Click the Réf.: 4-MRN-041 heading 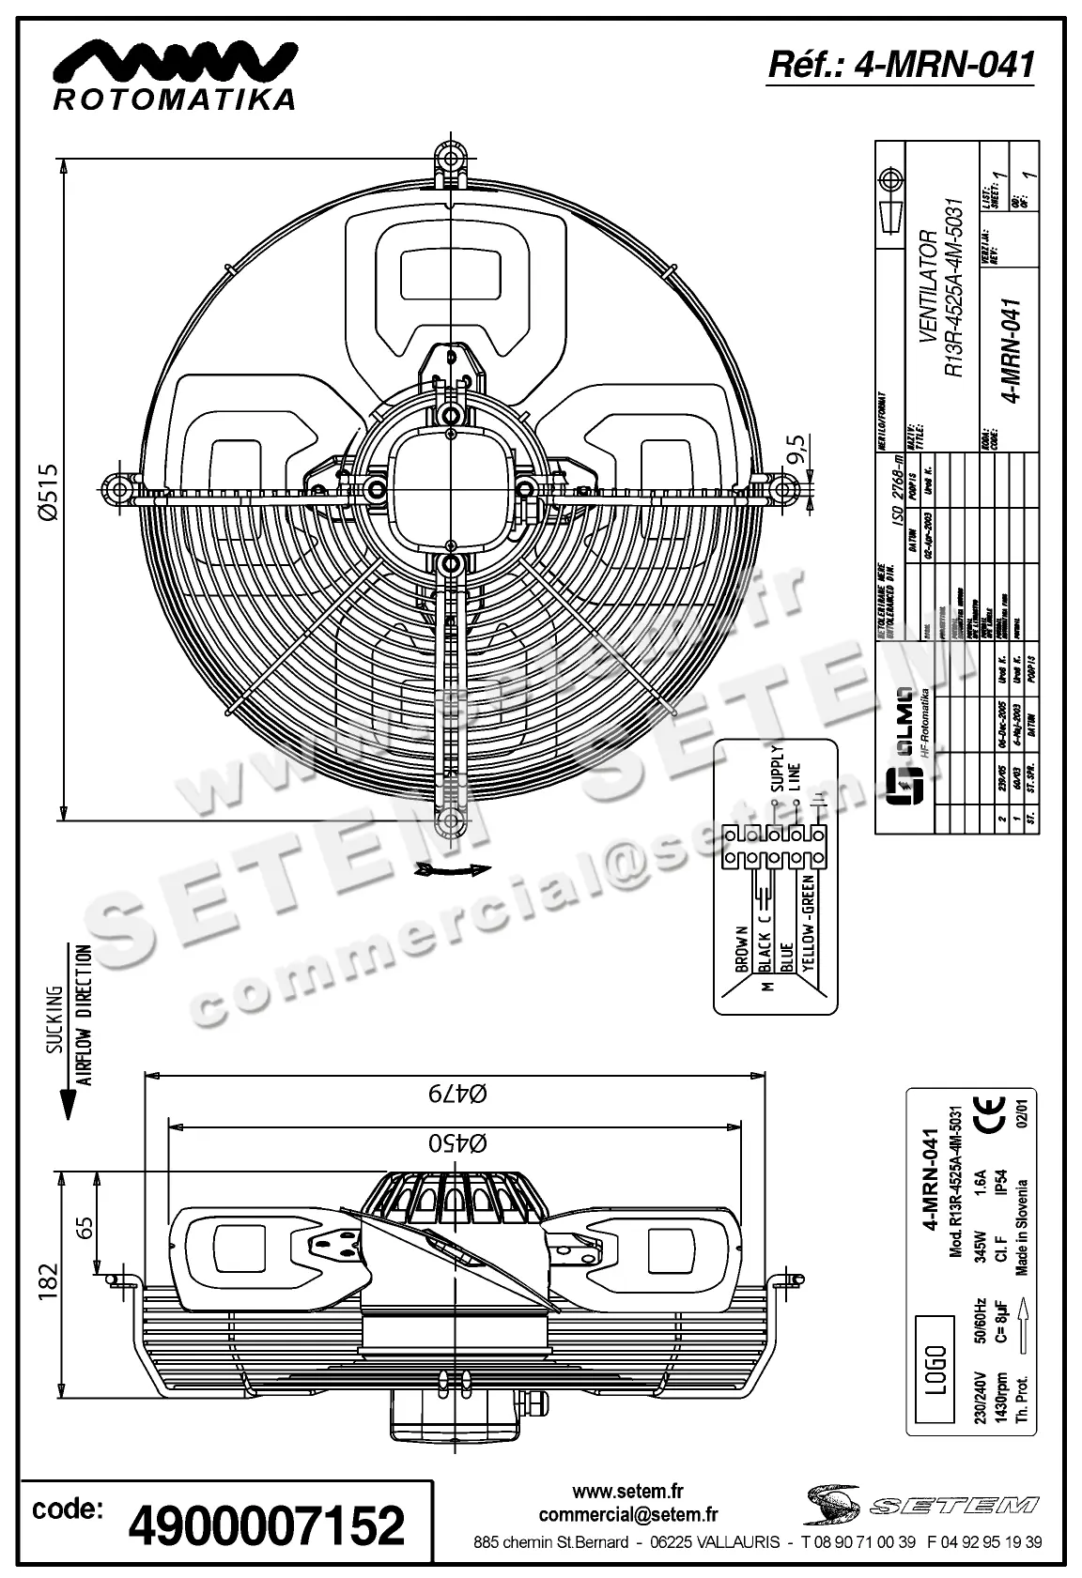(x=901, y=64)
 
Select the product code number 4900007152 (x=267, y=1526)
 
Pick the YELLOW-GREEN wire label (x=808, y=930)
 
